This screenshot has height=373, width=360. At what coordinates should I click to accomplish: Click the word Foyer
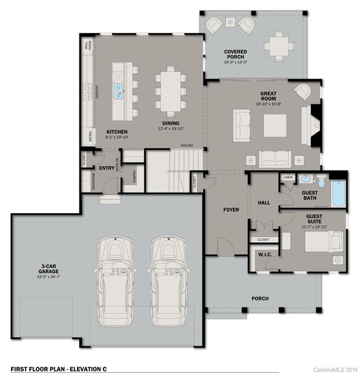[231, 210]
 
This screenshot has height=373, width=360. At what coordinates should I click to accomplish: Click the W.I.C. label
[264, 254]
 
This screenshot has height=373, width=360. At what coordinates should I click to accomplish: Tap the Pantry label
[134, 176]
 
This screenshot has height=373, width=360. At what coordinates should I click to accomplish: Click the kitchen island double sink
[118, 91]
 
